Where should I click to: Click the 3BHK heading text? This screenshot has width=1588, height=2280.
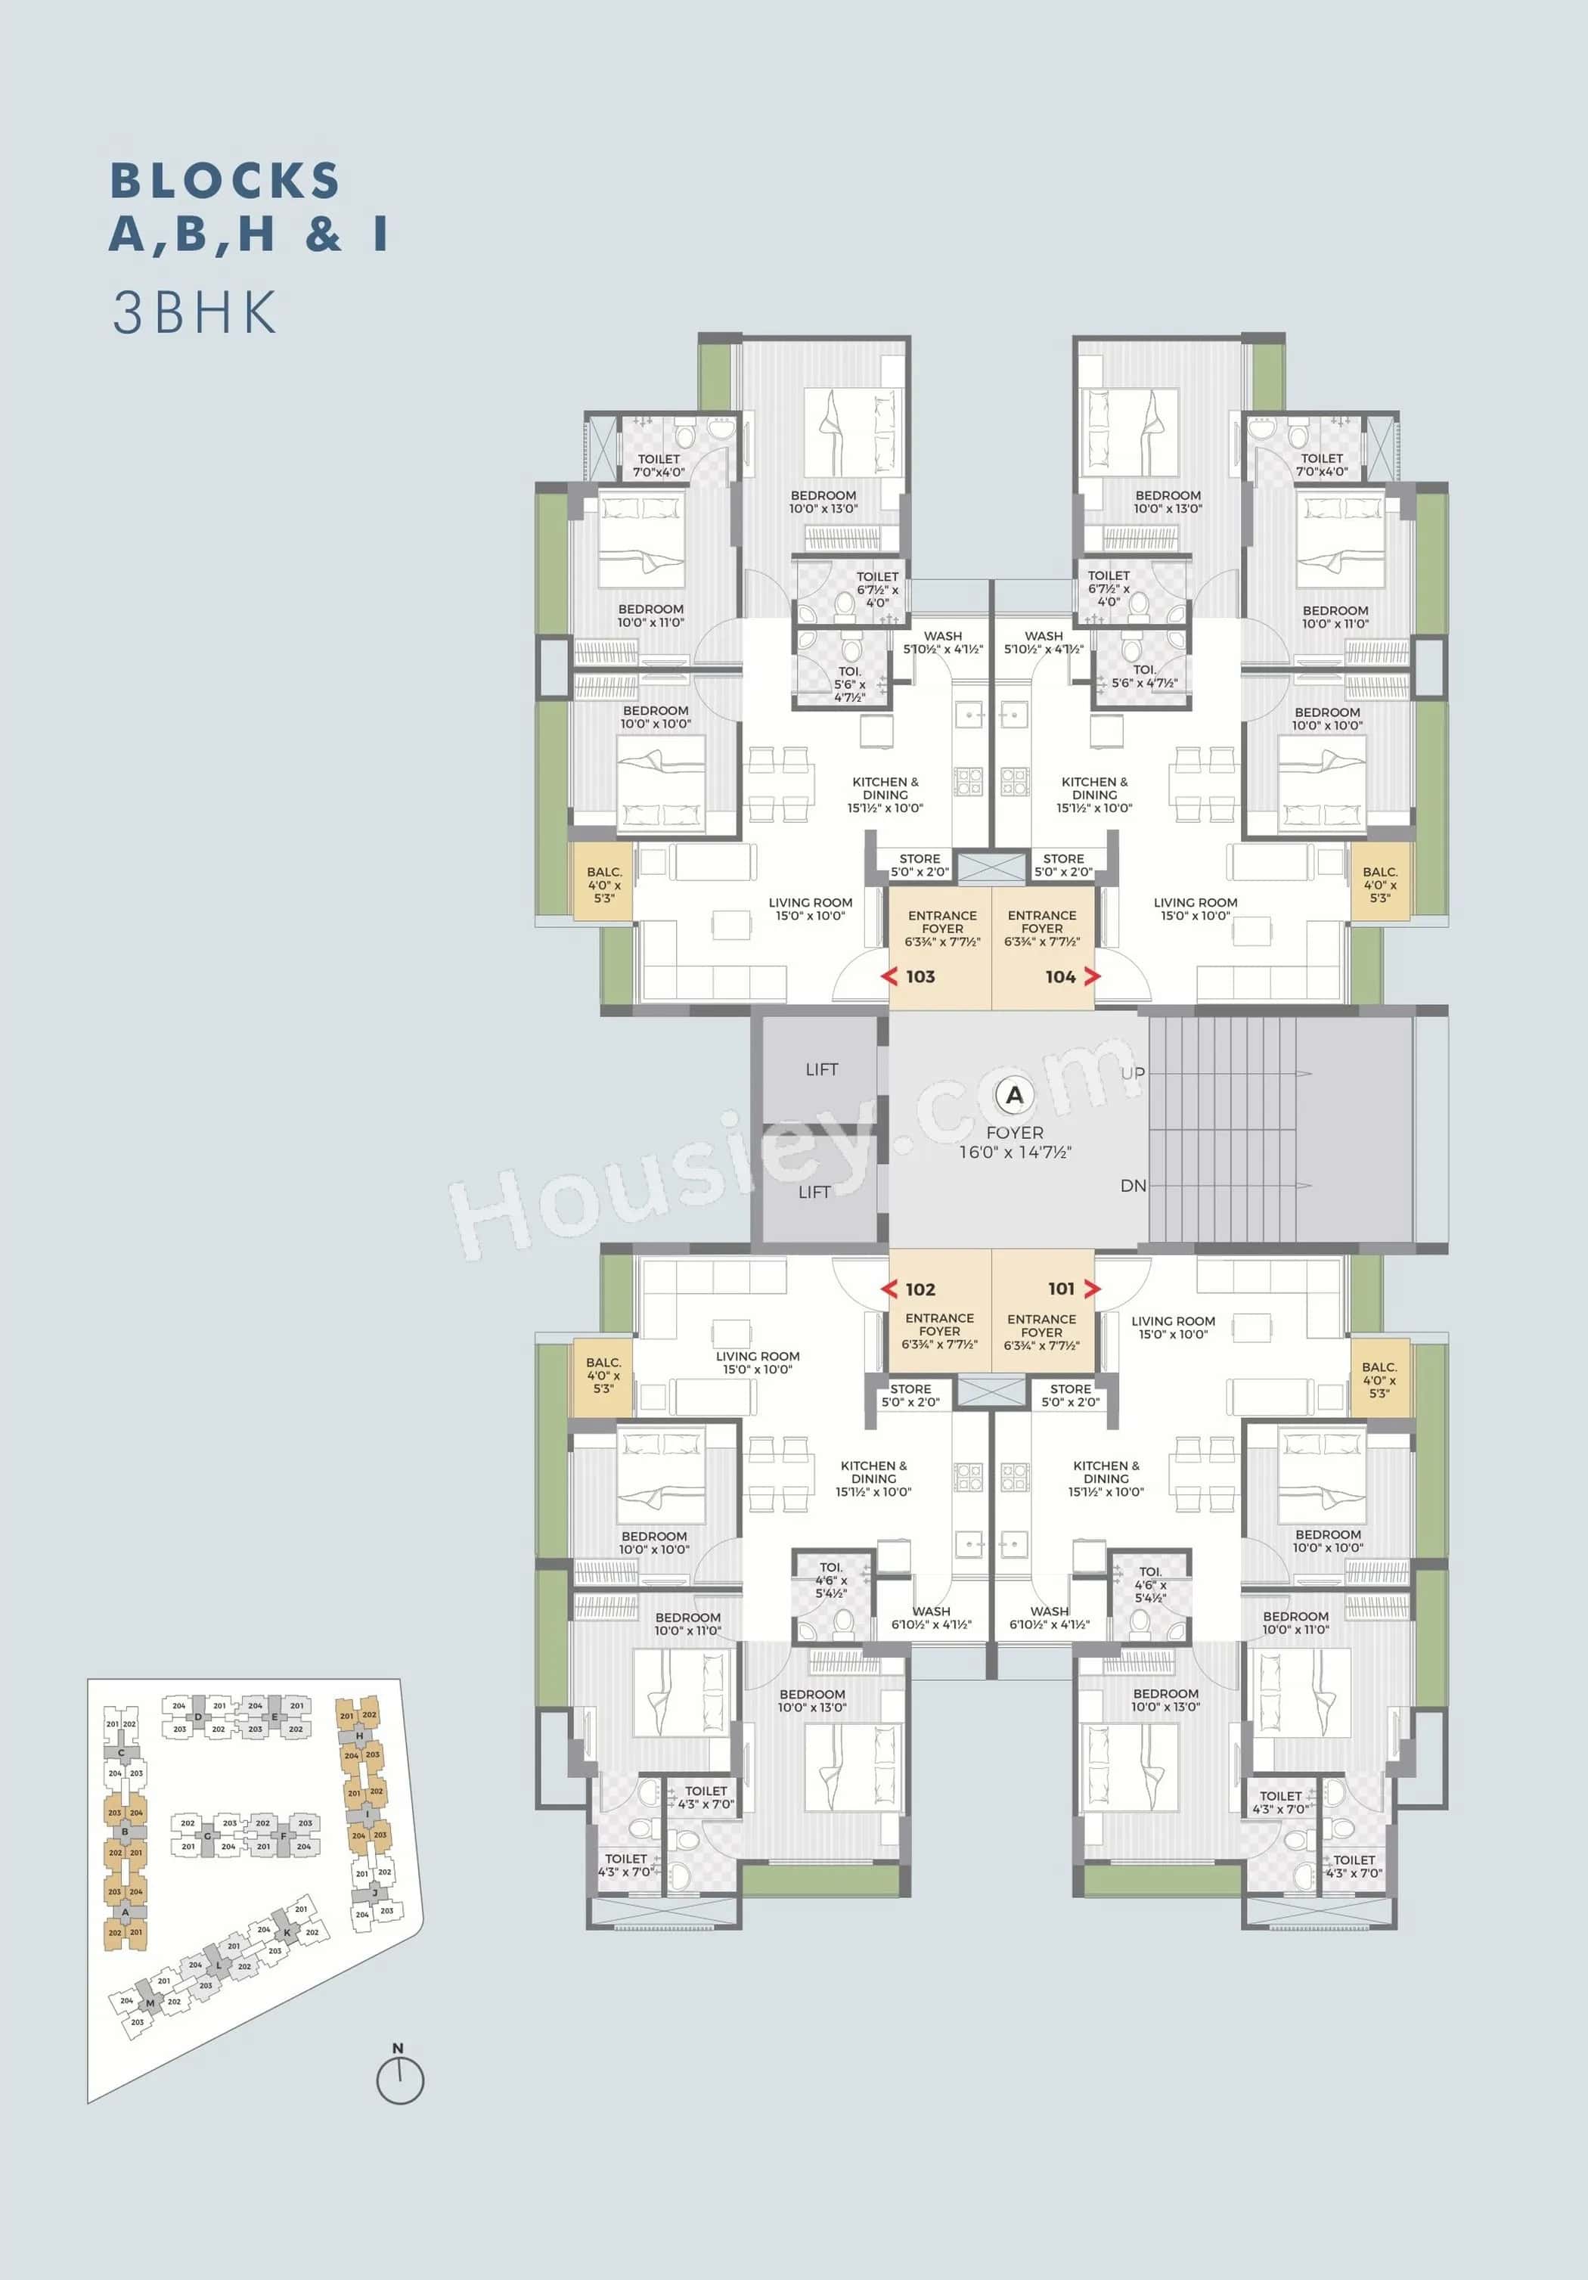(194, 313)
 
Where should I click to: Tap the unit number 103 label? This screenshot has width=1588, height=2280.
(920, 977)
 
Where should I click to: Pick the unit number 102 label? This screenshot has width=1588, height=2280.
(920, 1289)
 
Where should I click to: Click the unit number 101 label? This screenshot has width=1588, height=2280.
(1061, 1289)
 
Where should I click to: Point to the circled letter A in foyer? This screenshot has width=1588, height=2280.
(1014, 1095)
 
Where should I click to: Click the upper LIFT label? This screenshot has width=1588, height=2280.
(821, 1069)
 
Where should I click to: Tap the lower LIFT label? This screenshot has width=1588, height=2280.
(814, 1192)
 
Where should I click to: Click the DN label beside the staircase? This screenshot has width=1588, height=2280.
(1133, 1186)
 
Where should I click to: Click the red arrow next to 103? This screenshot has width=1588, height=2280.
(889, 977)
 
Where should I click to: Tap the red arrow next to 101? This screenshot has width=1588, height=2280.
(1093, 1289)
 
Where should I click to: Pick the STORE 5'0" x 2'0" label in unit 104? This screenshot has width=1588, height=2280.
(1064, 865)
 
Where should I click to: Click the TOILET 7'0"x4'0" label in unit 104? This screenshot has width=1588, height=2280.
(1321, 465)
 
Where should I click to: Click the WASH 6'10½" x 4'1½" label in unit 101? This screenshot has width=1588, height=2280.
(1049, 1618)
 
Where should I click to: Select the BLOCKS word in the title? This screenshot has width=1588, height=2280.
(225, 181)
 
